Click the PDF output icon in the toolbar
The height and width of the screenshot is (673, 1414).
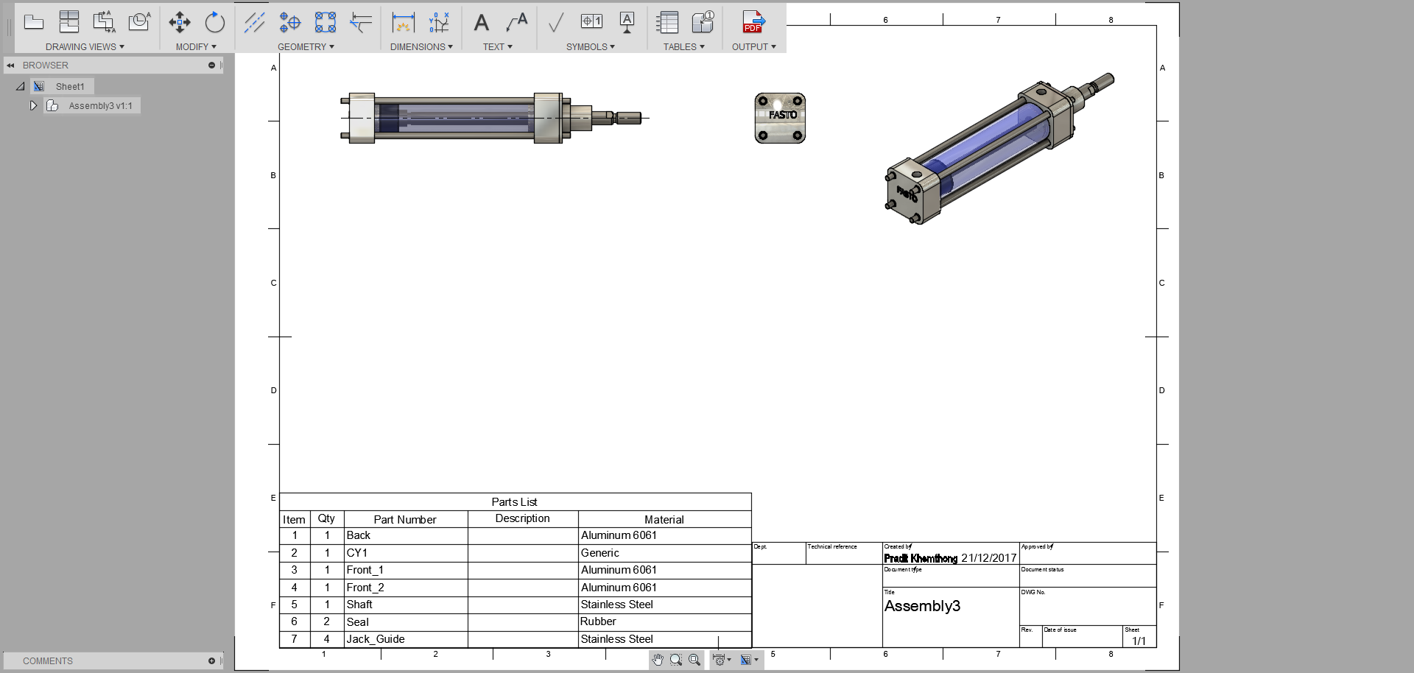pyautogui.click(x=753, y=22)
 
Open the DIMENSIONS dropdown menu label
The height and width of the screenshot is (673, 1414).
pyautogui.click(x=421, y=46)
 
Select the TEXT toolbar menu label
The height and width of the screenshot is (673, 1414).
pyautogui.click(x=497, y=46)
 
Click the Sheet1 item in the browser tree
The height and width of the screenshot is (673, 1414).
pyautogui.click(x=70, y=87)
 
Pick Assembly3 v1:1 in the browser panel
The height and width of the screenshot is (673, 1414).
pyautogui.click(x=100, y=106)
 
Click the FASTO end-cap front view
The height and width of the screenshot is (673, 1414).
pyautogui.click(x=780, y=118)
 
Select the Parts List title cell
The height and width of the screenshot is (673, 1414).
pyautogui.click(x=514, y=502)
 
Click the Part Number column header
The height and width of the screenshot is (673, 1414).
pyautogui.click(x=405, y=520)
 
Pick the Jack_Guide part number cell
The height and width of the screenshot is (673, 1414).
pyautogui.click(x=376, y=639)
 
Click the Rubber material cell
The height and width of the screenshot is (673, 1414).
pyautogui.click(x=598, y=621)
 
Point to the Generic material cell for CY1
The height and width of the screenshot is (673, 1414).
pyautogui.click(x=599, y=553)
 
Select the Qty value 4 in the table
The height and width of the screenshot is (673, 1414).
pyautogui.click(x=327, y=639)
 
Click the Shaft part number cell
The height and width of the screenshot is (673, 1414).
pyautogui.click(x=359, y=605)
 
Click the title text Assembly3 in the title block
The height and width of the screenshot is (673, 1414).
pyautogui.click(x=922, y=606)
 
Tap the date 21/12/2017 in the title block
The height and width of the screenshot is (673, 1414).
pyautogui.click(x=988, y=558)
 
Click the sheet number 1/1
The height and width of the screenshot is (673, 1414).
pyautogui.click(x=1139, y=641)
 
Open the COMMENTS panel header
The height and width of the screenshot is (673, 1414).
pyautogui.click(x=48, y=661)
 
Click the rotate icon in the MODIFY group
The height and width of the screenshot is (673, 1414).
pyautogui.click(x=214, y=22)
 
